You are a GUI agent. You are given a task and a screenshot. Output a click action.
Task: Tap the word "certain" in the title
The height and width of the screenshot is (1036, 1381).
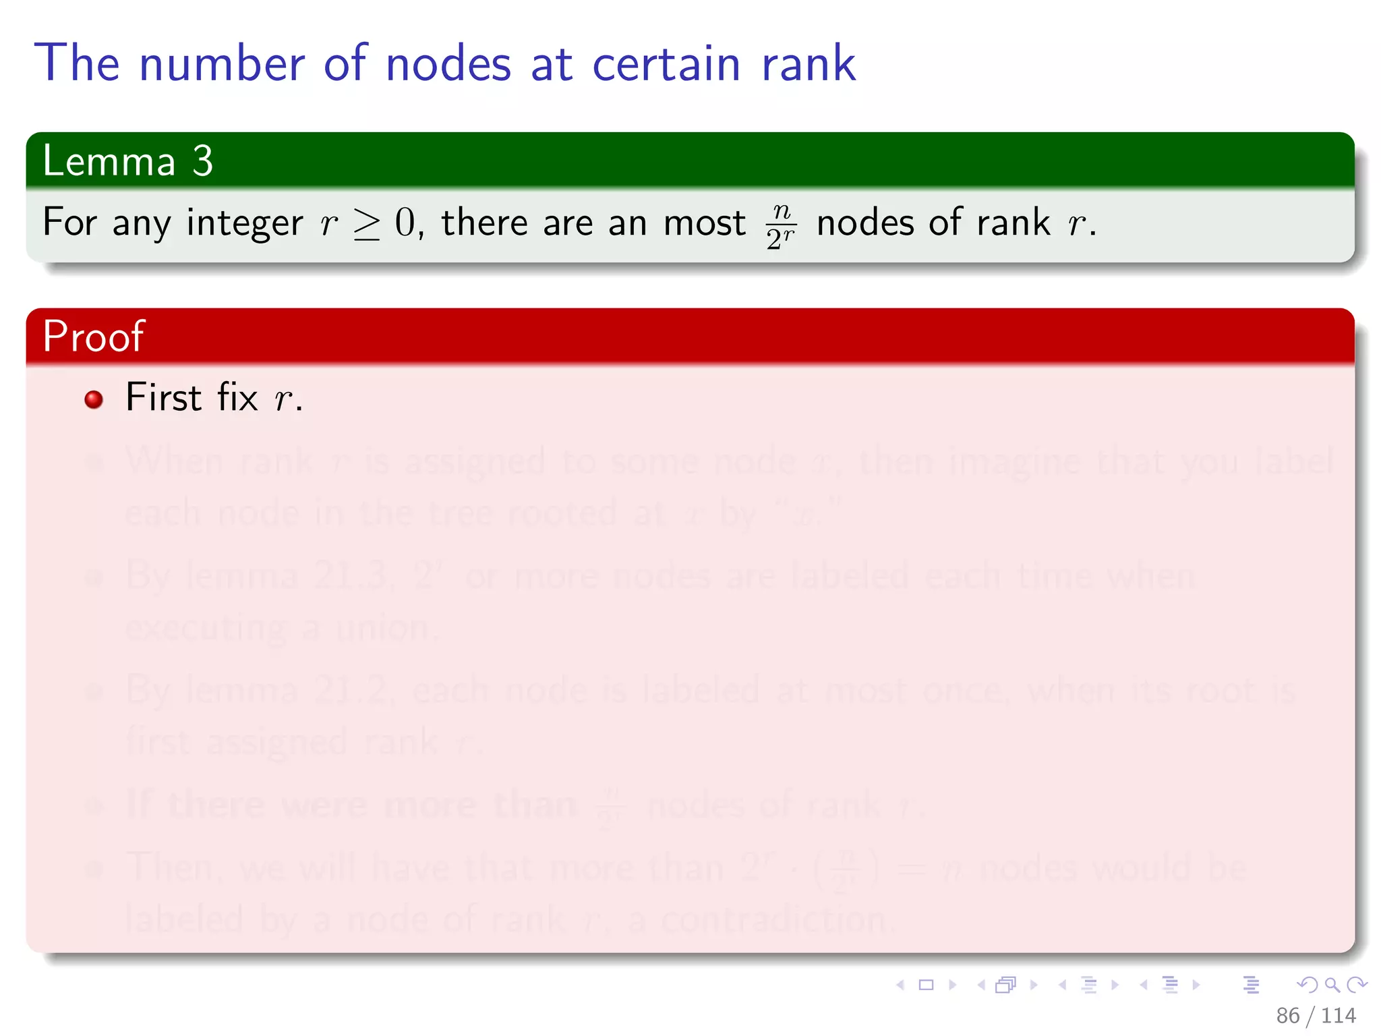click(x=666, y=63)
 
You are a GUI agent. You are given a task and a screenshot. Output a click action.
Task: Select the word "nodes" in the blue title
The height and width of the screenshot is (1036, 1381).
click(x=448, y=63)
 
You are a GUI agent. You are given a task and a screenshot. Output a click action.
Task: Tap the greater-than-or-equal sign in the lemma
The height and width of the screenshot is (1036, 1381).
click(x=367, y=224)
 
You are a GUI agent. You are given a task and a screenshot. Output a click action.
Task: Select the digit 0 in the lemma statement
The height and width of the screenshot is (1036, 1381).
click(x=405, y=223)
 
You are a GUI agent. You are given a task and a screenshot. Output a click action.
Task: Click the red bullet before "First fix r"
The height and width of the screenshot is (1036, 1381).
click(x=94, y=399)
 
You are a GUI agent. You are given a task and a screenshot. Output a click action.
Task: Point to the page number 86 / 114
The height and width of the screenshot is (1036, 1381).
click(x=1316, y=1015)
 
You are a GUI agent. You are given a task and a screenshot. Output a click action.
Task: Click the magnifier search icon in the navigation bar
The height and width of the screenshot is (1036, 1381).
click(x=1332, y=985)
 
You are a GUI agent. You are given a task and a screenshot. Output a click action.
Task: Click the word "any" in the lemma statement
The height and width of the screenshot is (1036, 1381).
click(x=142, y=224)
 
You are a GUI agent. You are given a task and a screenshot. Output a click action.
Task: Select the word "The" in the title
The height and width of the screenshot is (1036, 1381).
click(x=77, y=63)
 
